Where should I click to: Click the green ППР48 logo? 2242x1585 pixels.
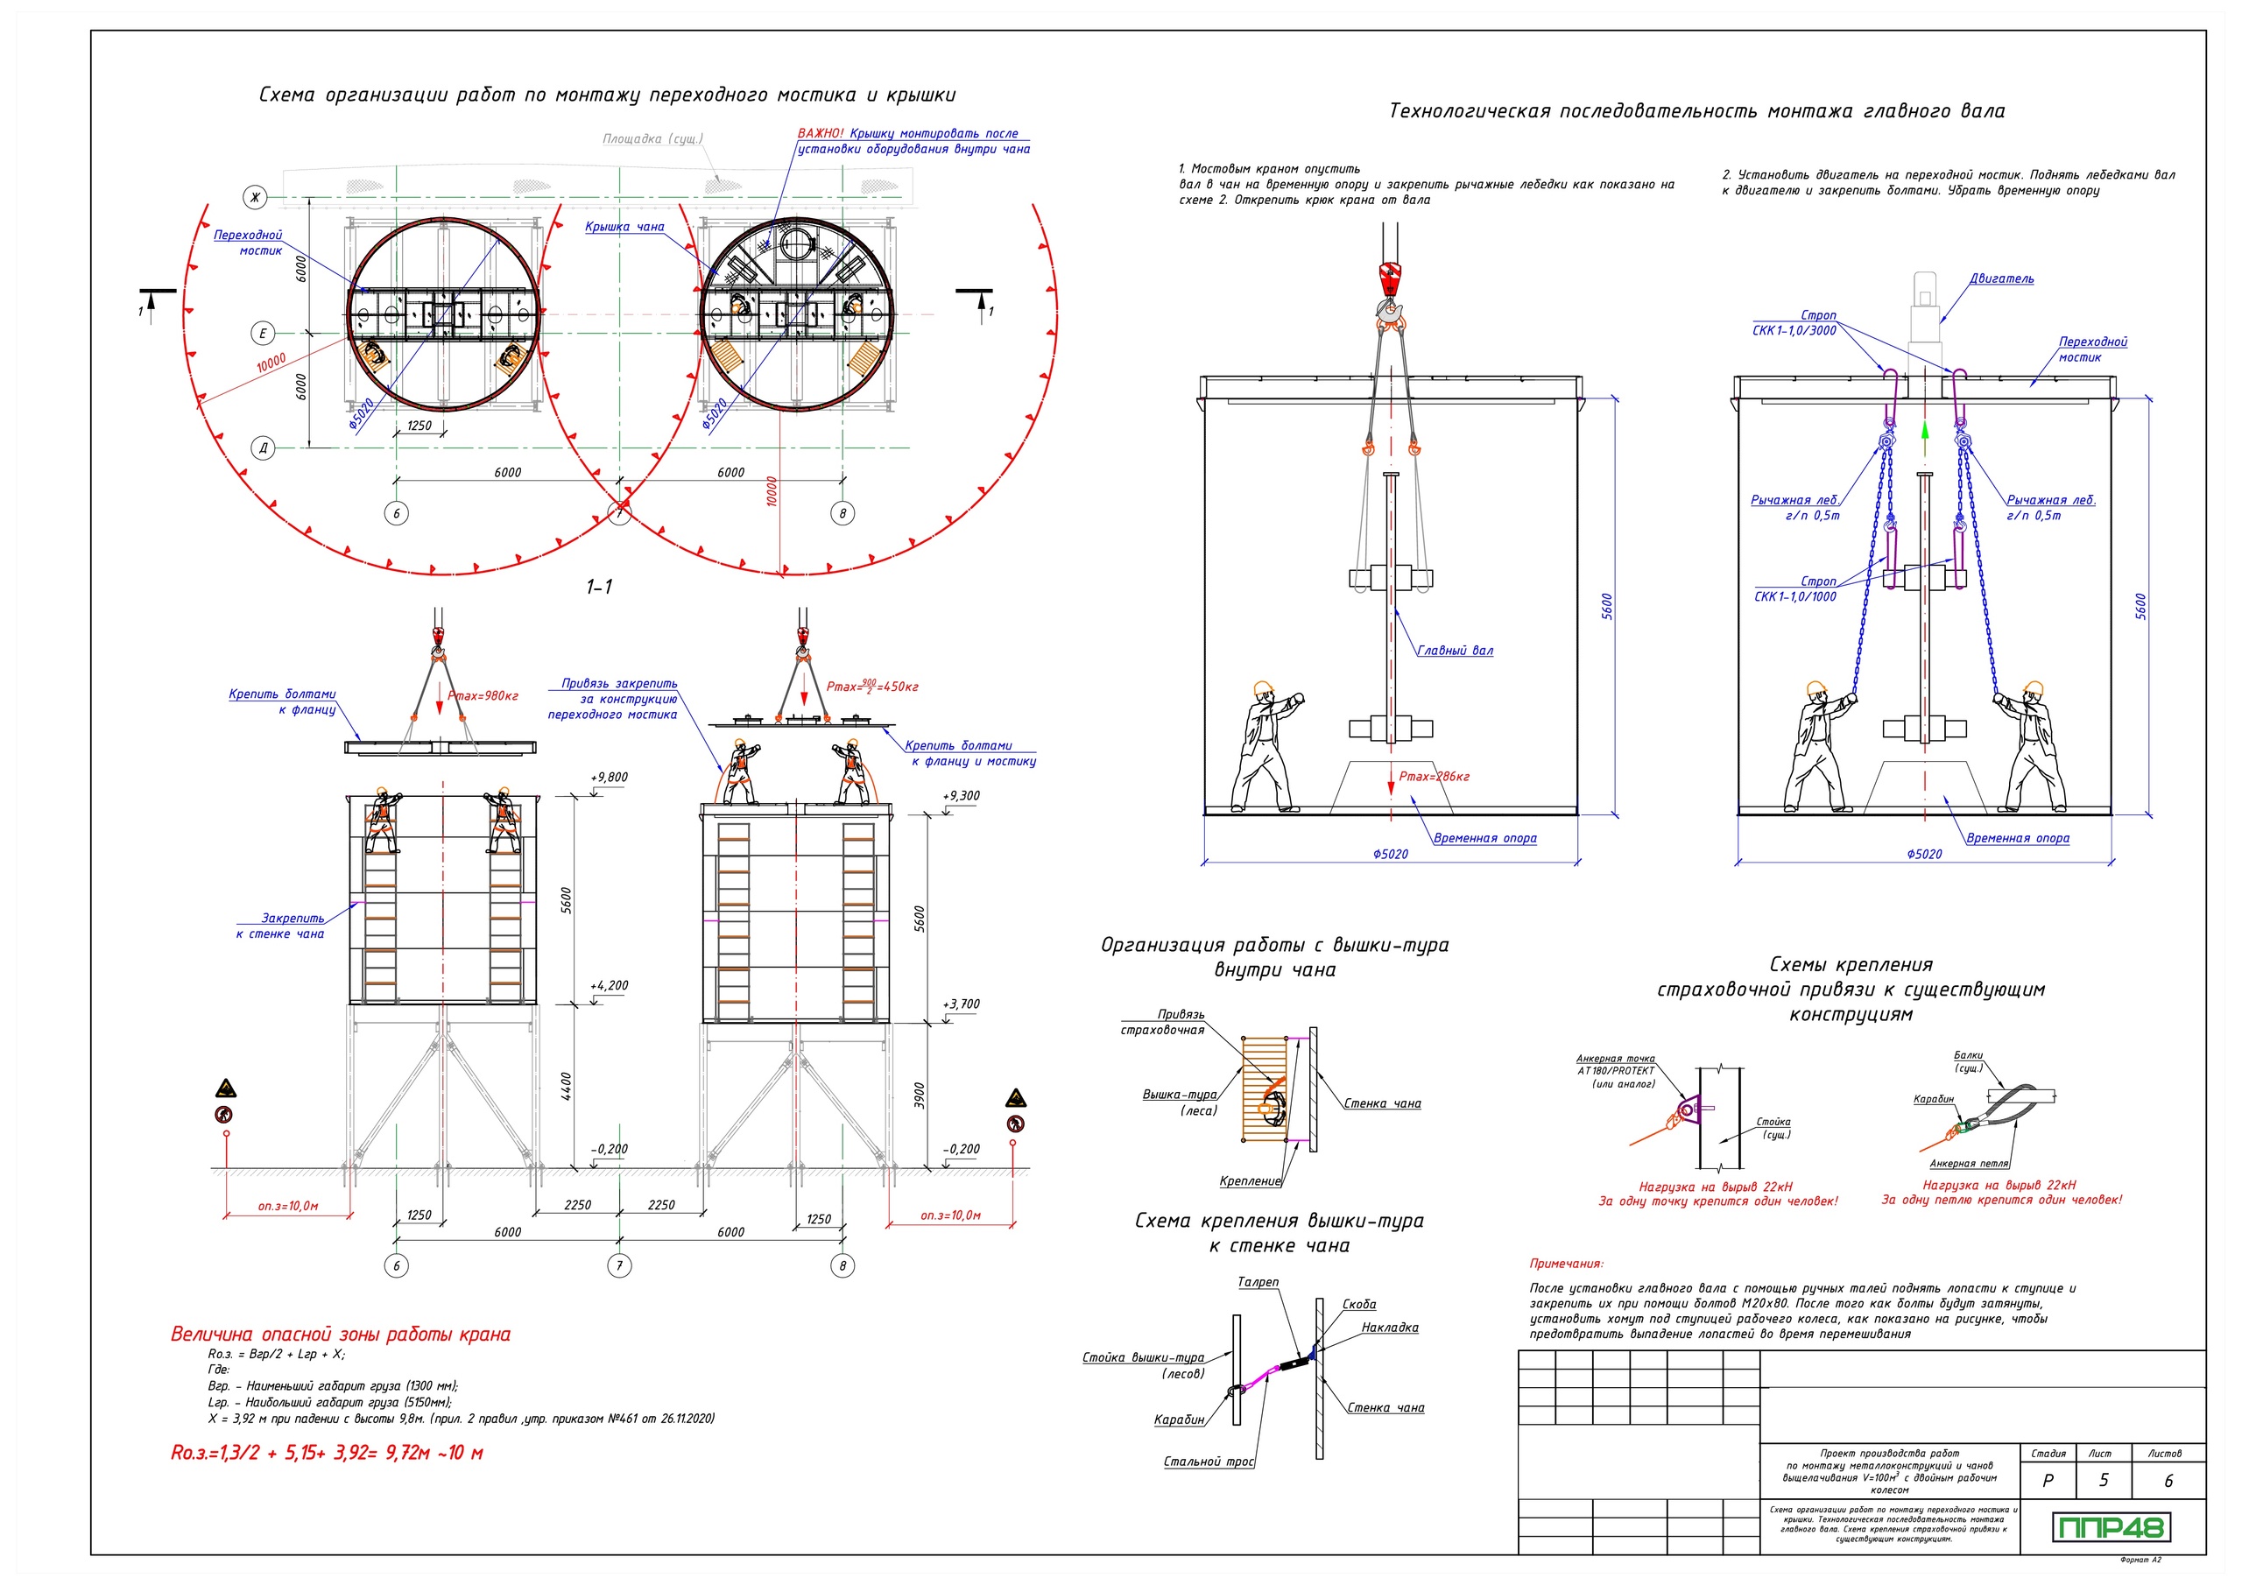pos(2109,1527)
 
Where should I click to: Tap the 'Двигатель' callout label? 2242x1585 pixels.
pos(2002,279)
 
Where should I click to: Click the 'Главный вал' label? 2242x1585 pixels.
pos(1455,652)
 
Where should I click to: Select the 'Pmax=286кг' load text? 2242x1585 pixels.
pos(1434,778)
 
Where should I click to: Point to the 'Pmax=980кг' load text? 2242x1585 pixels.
pos(483,696)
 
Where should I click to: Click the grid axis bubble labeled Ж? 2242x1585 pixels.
pos(255,198)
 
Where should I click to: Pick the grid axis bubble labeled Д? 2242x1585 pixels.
pos(263,448)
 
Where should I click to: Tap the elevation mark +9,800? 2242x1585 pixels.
pos(610,778)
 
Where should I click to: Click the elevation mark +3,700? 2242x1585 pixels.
pos(961,1004)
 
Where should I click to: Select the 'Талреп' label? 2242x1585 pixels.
pos(1258,1282)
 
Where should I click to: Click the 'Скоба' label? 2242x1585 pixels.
pos(1359,1305)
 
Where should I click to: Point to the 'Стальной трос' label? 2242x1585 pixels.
pos(1208,1462)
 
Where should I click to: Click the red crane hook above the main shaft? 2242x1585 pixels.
pos(1390,278)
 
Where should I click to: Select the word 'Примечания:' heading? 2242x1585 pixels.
pos(1566,1264)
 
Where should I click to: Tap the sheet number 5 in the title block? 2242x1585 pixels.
pos(2104,1481)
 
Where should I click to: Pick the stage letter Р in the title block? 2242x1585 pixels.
pos(2048,1482)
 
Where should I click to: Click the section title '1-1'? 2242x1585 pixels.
pos(598,587)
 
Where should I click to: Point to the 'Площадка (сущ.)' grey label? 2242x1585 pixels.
pos(652,139)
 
